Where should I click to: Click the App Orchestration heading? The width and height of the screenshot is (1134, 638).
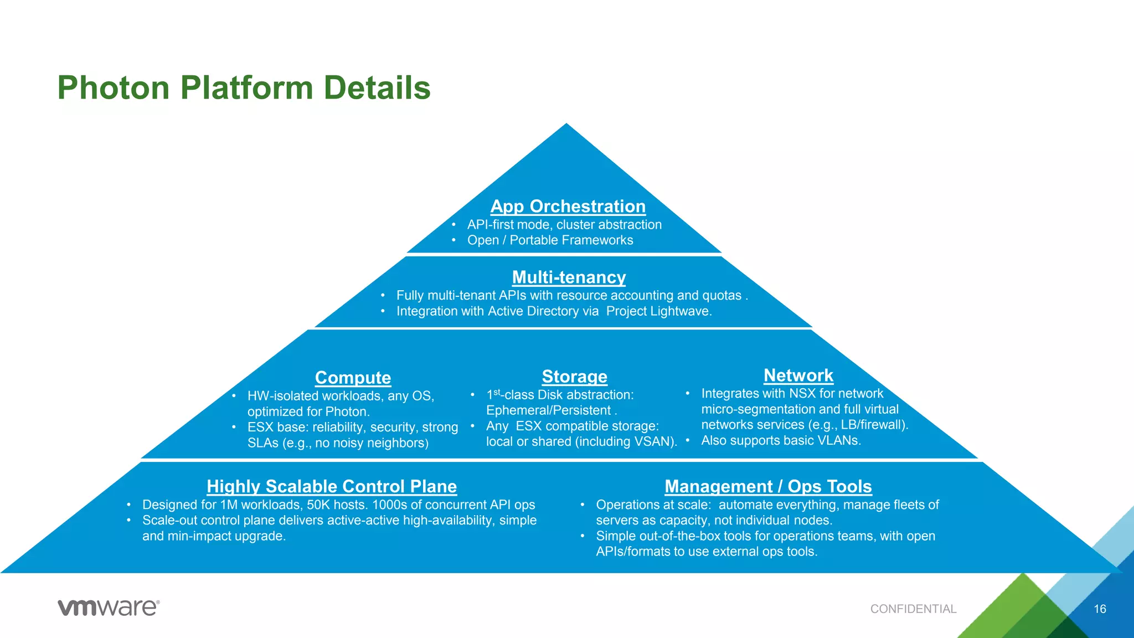pos(568,206)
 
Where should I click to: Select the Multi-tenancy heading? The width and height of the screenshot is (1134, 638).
pos(569,277)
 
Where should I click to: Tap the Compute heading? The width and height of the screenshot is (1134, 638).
pos(353,378)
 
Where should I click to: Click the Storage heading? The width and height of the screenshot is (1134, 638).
pos(574,377)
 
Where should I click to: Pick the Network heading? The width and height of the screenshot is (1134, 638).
pos(798,375)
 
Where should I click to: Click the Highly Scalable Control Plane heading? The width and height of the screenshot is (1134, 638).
pos(332,486)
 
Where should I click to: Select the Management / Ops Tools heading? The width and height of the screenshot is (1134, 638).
pos(768,486)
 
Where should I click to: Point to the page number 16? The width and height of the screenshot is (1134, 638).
pos(1100,609)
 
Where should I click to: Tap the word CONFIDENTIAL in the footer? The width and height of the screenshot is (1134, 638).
pos(913,609)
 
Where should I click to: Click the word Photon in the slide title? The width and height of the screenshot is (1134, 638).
pos(113,88)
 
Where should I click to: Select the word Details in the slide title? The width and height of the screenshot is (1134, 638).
pos(377,88)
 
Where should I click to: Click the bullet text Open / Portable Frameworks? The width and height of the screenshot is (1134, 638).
pos(550,240)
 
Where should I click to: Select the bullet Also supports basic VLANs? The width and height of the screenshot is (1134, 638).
pos(781,441)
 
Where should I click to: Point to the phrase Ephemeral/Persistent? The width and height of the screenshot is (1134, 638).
pos(548,410)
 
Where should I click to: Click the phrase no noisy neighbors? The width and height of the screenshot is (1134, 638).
pos(370,443)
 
